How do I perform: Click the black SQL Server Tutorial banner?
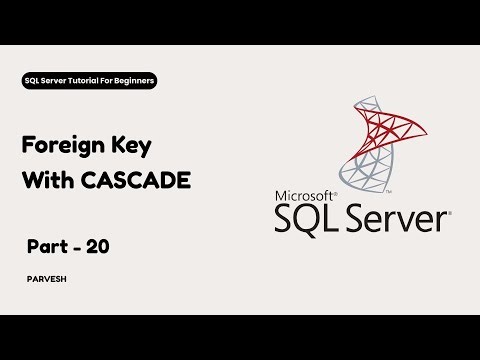[x=89, y=79]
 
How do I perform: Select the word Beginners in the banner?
[x=131, y=79]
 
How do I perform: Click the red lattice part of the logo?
[x=385, y=130]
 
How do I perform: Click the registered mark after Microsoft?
[x=338, y=189]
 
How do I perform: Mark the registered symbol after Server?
[x=449, y=211]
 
